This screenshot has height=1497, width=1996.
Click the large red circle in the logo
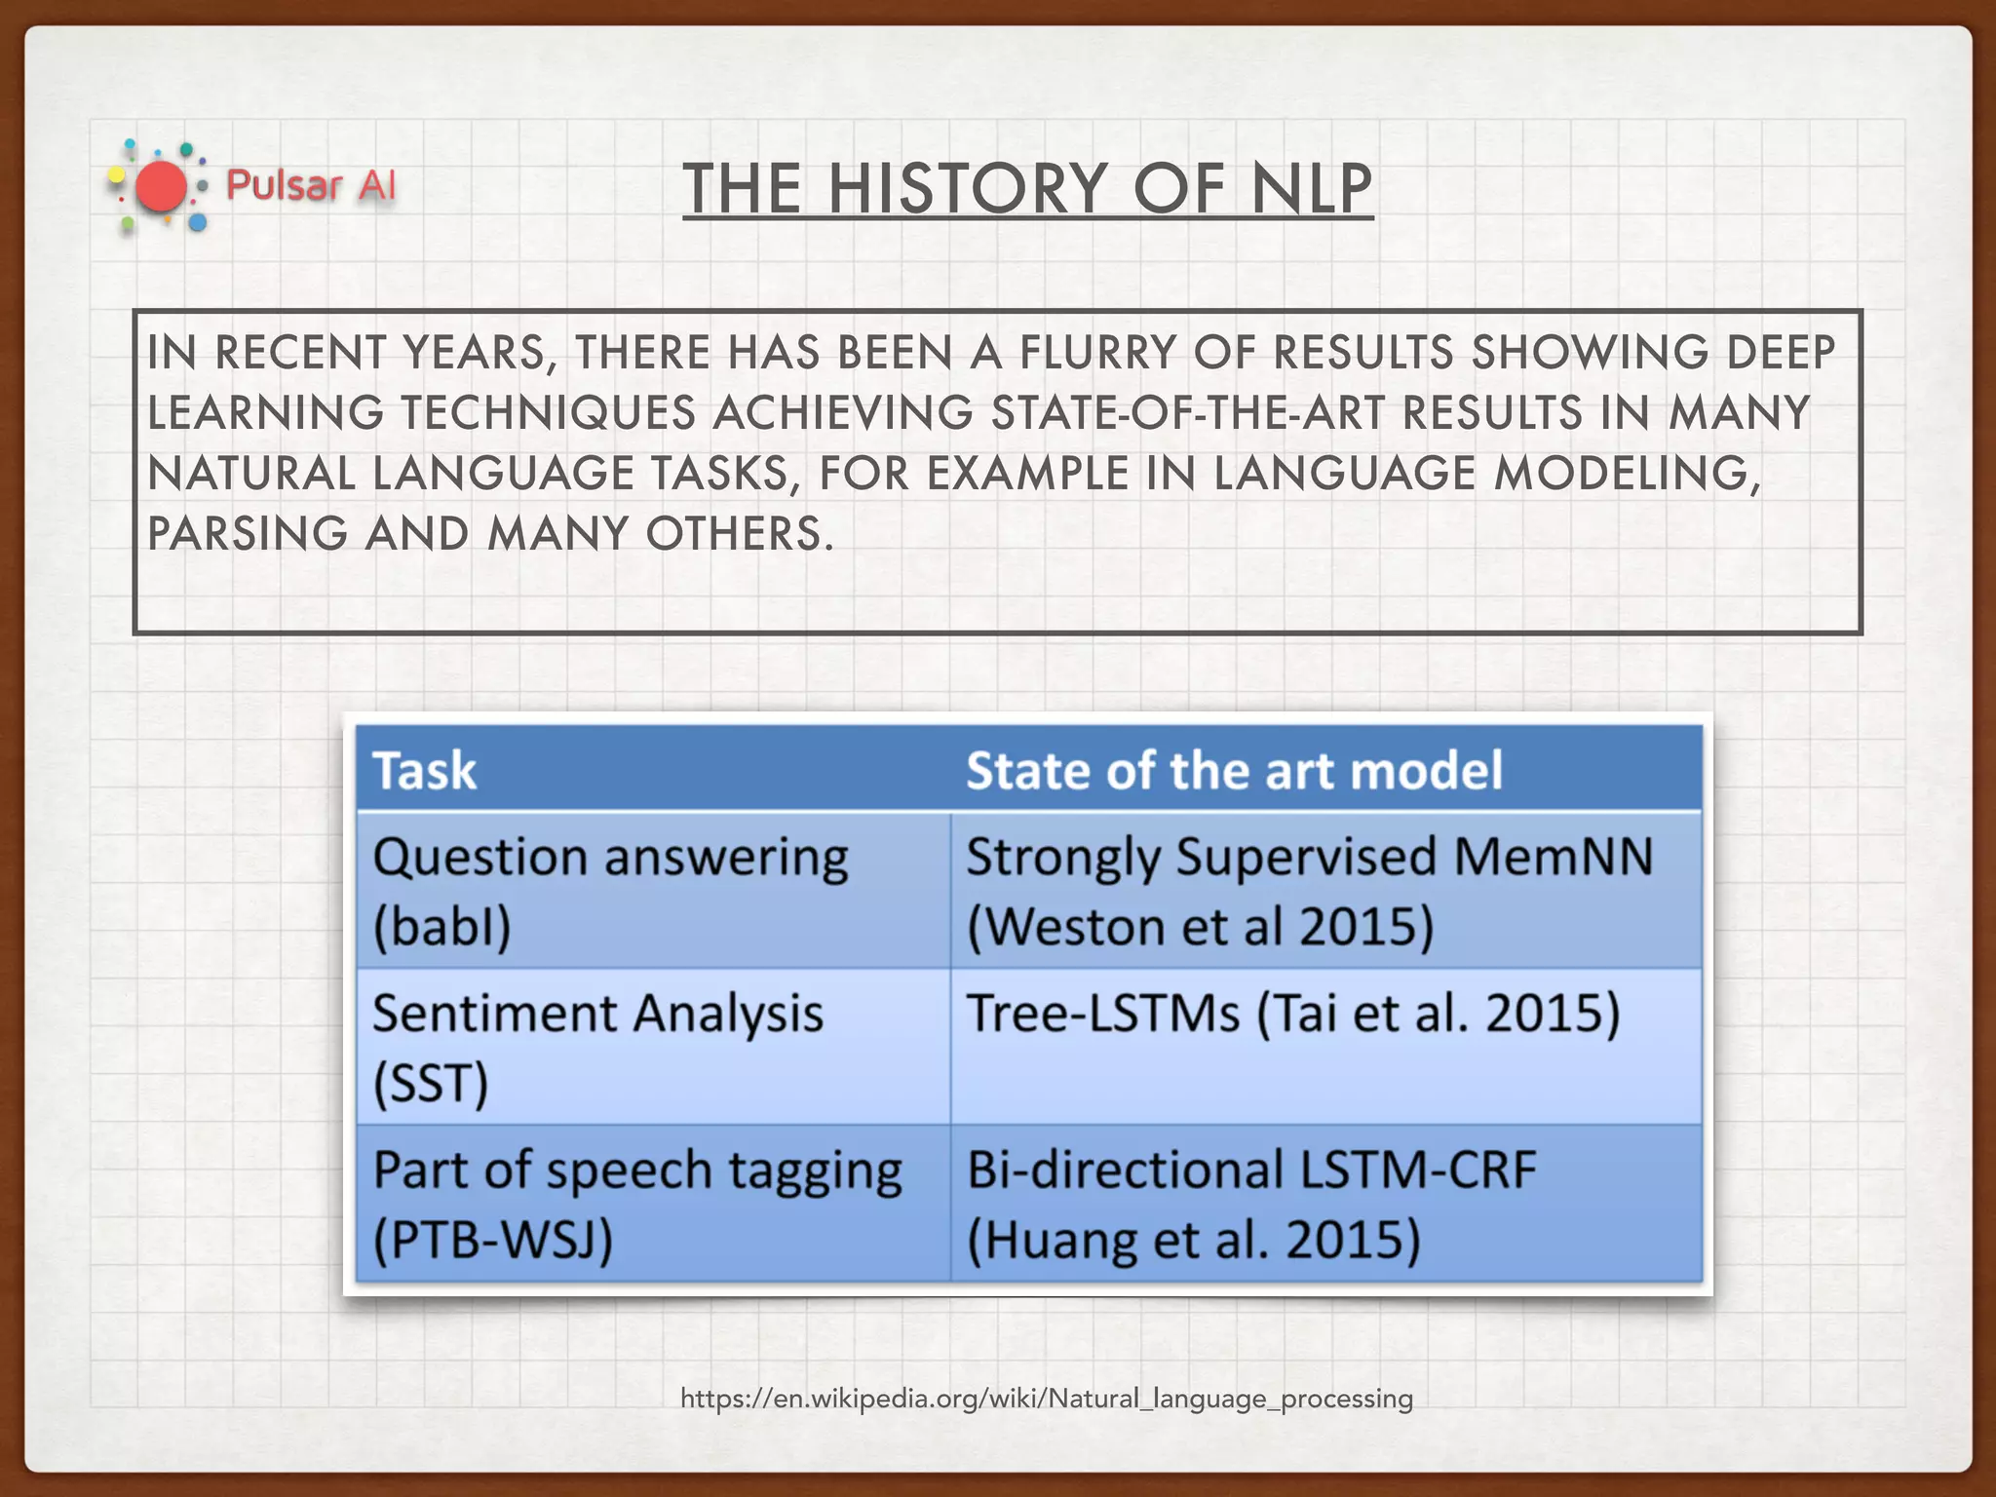(161, 187)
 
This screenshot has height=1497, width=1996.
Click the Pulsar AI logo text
(310, 185)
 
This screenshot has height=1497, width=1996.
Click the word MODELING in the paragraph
(1627, 474)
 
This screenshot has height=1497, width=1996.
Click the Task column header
(425, 771)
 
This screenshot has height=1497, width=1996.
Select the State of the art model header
(1234, 771)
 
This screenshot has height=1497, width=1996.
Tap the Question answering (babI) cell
(610, 891)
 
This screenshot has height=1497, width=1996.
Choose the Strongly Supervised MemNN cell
(1309, 891)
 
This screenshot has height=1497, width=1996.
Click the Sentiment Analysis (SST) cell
(597, 1048)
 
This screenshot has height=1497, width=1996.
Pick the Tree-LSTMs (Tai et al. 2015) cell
(1292, 1014)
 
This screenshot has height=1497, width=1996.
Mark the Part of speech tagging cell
(637, 1204)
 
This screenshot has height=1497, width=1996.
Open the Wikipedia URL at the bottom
(1046, 1399)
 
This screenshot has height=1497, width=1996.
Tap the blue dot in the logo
(198, 223)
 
